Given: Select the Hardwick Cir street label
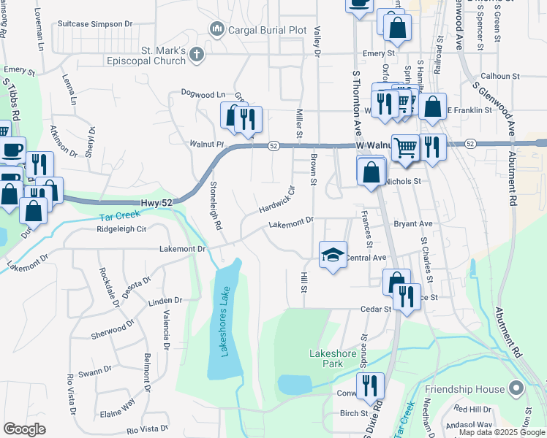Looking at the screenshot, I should click(x=276, y=199).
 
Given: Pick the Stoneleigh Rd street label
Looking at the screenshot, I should click(x=215, y=206).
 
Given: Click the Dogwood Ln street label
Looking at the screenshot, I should click(x=203, y=94).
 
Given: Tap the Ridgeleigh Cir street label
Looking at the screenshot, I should click(x=122, y=228).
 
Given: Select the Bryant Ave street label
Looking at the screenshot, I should click(x=413, y=224).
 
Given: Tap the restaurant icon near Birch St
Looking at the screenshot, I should click(x=370, y=385).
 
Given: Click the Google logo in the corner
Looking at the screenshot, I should click(x=25, y=429).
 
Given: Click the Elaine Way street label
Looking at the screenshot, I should click(x=117, y=406).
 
